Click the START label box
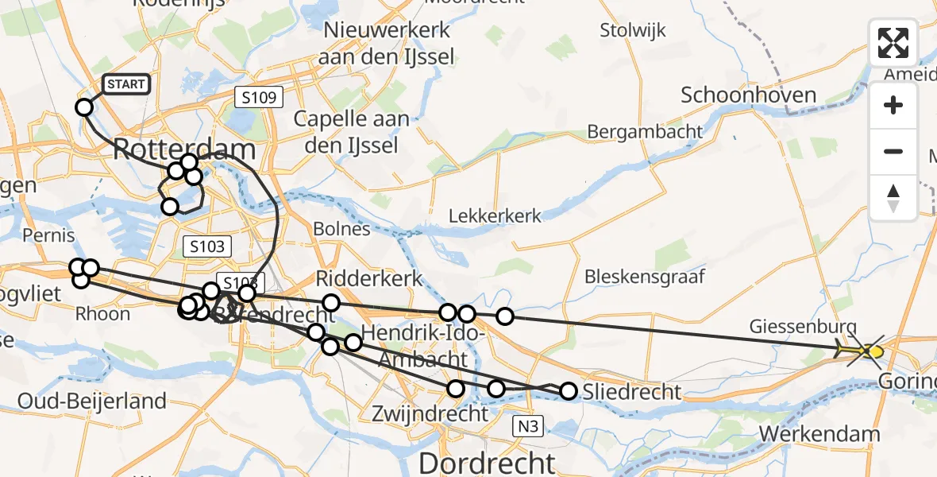pyautogui.click(x=125, y=84)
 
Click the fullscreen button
pyautogui.click(x=893, y=43)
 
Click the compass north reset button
pyautogui.click(x=893, y=198)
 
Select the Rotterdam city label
pyautogui.click(x=184, y=149)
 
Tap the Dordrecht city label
pyautogui.click(x=487, y=463)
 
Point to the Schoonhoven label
pyautogui.click(x=748, y=95)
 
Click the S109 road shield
pyautogui.click(x=259, y=98)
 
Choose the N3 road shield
pyautogui.click(x=528, y=427)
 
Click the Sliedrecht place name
pyautogui.click(x=632, y=391)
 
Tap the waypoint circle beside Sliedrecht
pyautogui.click(x=569, y=390)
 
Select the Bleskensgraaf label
pyautogui.click(x=645, y=277)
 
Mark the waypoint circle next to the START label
pyautogui.click(x=84, y=107)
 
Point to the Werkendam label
pyautogui.click(x=819, y=434)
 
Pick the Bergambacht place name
pyautogui.click(x=645, y=131)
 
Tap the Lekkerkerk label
pyautogui.click(x=495, y=215)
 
